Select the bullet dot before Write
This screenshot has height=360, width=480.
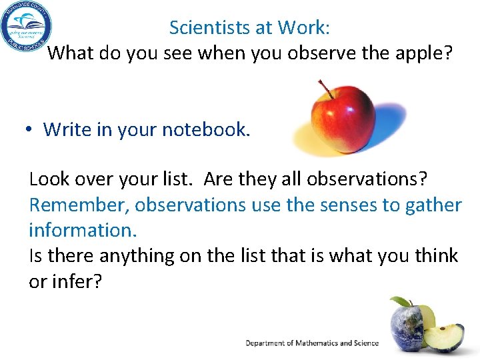31,129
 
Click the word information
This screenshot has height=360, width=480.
81,230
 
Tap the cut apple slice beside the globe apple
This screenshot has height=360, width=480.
445,337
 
